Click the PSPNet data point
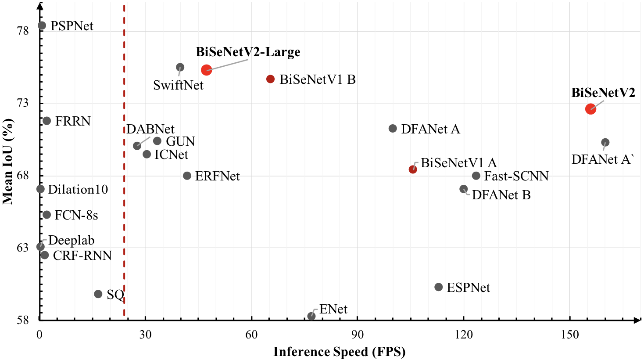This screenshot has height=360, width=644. (42, 25)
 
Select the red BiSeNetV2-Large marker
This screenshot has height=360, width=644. (206, 70)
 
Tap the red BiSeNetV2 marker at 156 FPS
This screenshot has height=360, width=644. (590, 109)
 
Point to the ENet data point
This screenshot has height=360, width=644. (311, 316)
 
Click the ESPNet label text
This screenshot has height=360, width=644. (468, 288)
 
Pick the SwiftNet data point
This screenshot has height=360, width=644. (180, 67)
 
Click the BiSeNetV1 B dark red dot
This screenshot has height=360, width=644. (270, 79)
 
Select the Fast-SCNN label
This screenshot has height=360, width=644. (516, 176)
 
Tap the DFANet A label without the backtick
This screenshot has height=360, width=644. (430, 130)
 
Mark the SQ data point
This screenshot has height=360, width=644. (98, 294)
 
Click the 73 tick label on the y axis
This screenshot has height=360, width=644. (22, 103)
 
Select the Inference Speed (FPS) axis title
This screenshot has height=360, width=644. (339, 352)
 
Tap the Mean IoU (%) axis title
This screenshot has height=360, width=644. (7, 161)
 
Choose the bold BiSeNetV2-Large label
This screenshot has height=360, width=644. (248, 52)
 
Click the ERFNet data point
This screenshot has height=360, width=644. (187, 176)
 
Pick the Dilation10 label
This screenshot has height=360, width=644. (78, 190)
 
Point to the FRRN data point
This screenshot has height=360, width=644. (47, 121)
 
